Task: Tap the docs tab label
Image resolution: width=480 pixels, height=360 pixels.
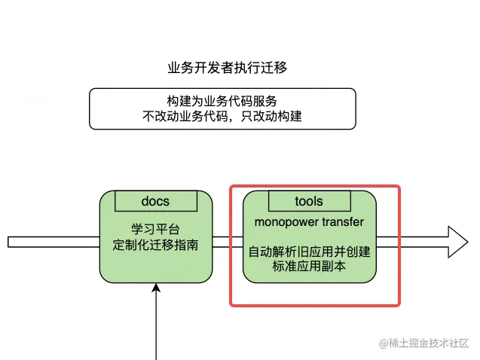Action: [155, 201]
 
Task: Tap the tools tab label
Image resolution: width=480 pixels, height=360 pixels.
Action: [308, 201]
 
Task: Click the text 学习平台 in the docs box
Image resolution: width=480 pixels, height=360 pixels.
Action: [155, 229]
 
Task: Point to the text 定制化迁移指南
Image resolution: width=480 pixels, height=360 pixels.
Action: [155, 245]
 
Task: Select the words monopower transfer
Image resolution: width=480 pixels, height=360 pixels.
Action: [309, 222]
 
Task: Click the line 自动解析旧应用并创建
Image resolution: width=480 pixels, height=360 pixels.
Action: [309, 251]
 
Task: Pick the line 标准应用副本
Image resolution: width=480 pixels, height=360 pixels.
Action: [309, 266]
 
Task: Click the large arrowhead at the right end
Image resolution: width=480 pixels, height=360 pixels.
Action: [455, 241]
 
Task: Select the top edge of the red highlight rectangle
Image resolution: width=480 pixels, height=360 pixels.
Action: [315, 186]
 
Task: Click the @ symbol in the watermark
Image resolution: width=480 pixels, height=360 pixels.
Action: [384, 343]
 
